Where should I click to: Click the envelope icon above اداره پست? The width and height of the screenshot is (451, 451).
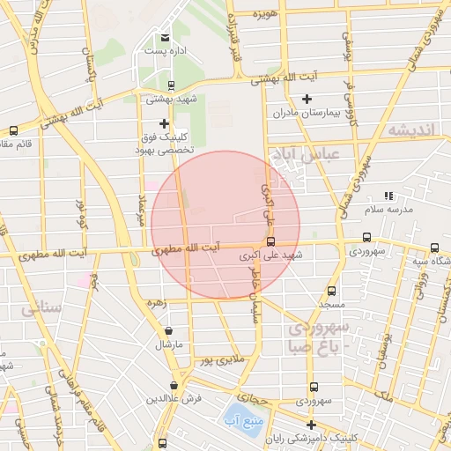coord(166,37)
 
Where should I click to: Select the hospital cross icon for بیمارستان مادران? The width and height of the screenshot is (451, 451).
coord(307,99)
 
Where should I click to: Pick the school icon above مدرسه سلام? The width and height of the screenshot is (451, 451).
coord(388,196)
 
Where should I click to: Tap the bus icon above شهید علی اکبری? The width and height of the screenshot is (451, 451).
coord(270,240)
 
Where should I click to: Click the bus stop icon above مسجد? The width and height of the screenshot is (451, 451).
coord(331,291)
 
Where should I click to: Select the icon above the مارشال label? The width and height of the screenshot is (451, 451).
coord(167,330)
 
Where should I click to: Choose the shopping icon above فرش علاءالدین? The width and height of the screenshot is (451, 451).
coord(174,385)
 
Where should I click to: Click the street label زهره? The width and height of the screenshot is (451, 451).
coord(157,302)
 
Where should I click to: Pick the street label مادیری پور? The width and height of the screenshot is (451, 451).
coord(217,359)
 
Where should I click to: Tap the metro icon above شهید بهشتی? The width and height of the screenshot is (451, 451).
coord(170,85)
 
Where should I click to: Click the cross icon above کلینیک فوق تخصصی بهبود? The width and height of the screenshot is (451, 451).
coord(164,123)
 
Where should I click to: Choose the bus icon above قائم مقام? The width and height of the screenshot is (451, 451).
coord(12,130)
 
